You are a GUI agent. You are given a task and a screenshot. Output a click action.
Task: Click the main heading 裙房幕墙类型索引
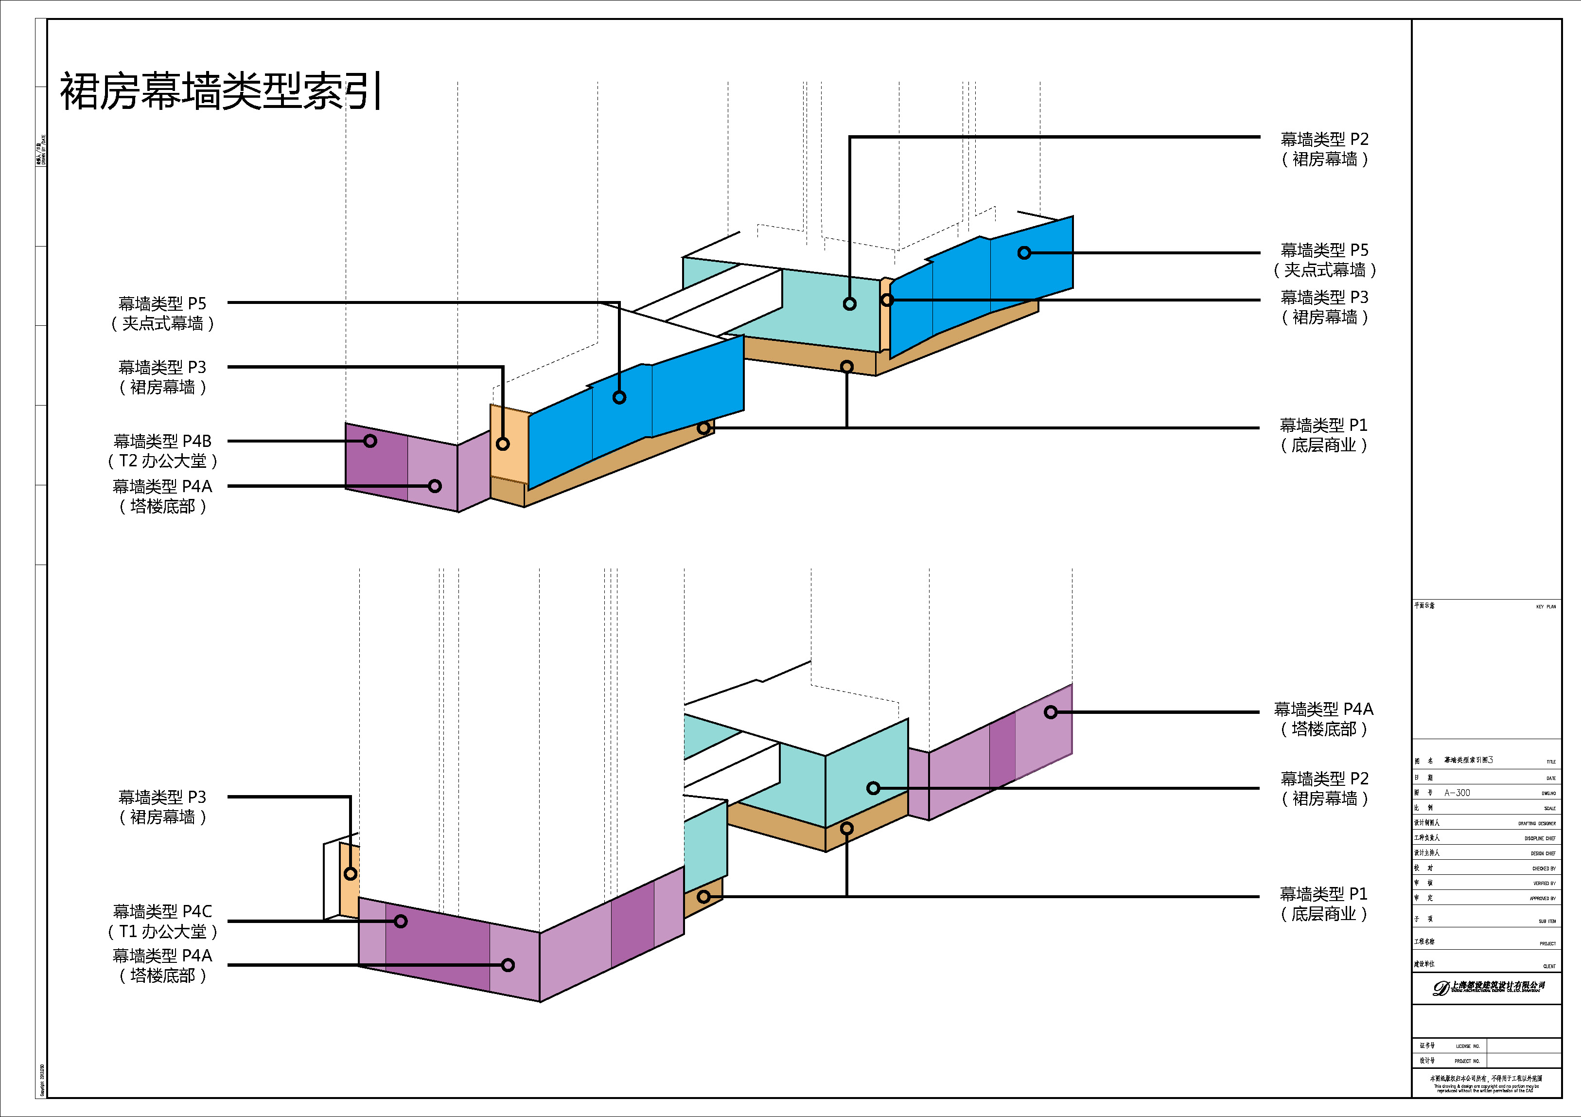(x=220, y=91)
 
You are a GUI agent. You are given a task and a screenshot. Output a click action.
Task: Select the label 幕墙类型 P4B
(x=162, y=441)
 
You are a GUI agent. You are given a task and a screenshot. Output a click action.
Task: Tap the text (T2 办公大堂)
(x=162, y=461)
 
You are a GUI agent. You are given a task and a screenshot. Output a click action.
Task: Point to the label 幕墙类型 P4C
(x=162, y=911)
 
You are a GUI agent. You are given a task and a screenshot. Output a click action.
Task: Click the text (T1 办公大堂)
(x=162, y=932)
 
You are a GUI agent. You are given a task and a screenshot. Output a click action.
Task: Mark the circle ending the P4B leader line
(x=370, y=441)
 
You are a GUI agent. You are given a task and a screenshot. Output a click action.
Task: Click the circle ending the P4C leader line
(x=401, y=922)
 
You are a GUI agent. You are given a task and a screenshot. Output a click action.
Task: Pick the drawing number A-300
(x=1457, y=793)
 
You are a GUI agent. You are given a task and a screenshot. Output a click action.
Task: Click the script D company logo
(x=1440, y=988)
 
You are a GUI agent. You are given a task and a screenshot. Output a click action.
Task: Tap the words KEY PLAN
(x=1546, y=607)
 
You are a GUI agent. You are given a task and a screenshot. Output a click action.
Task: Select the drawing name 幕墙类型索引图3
(x=1468, y=760)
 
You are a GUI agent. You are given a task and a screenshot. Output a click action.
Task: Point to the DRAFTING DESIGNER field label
(x=1537, y=824)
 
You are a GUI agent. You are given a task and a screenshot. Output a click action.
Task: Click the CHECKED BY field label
(x=1544, y=869)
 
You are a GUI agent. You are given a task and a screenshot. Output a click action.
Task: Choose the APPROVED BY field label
(x=1543, y=899)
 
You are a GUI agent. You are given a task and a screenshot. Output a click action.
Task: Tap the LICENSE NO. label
(x=1467, y=1046)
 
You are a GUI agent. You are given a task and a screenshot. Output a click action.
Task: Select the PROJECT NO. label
(x=1467, y=1061)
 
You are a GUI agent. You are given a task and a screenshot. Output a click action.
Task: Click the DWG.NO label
(x=1548, y=793)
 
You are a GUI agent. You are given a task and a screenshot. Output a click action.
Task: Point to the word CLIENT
(x=1549, y=966)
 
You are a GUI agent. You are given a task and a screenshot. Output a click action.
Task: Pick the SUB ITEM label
(x=1547, y=922)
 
